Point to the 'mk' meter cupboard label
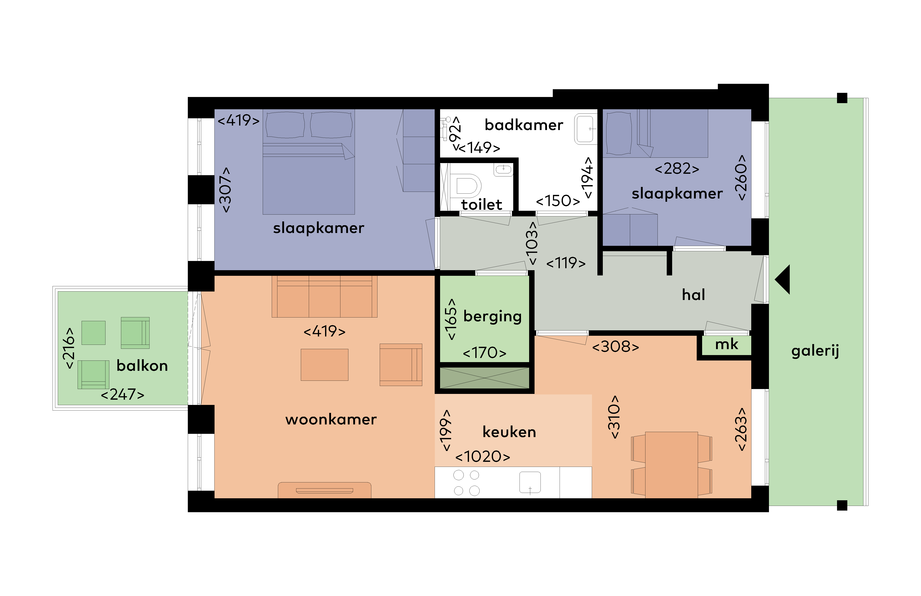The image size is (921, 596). [x=726, y=344]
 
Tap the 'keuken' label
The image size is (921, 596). [x=509, y=432]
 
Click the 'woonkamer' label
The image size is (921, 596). [x=331, y=420]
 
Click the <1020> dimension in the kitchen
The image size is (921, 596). [x=483, y=457]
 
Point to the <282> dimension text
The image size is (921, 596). [x=677, y=169]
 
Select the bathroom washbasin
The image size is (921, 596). [x=585, y=129]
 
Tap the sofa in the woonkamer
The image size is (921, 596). [x=324, y=296]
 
